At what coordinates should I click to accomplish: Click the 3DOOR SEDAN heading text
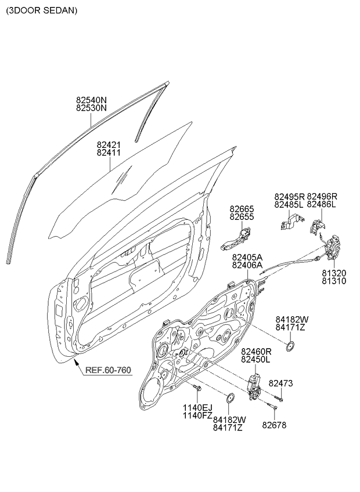coord(41,10)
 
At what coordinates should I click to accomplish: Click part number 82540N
coord(91,100)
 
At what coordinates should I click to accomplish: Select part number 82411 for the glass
coord(109,153)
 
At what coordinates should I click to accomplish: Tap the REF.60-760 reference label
coord(109,370)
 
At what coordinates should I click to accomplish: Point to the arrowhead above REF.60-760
coord(75,363)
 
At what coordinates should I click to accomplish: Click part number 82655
coord(242,216)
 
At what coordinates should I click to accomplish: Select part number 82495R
coord(289,197)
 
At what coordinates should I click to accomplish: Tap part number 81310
coord(334,281)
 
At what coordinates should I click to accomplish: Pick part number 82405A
coord(247,257)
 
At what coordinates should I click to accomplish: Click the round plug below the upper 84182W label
coord(290,346)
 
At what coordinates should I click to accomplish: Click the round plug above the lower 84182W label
coord(231,398)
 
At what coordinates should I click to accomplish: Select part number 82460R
coord(256,352)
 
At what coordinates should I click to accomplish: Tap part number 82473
coord(280,383)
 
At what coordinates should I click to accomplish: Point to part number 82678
coord(274,425)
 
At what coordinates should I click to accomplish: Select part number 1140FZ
coord(197,416)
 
